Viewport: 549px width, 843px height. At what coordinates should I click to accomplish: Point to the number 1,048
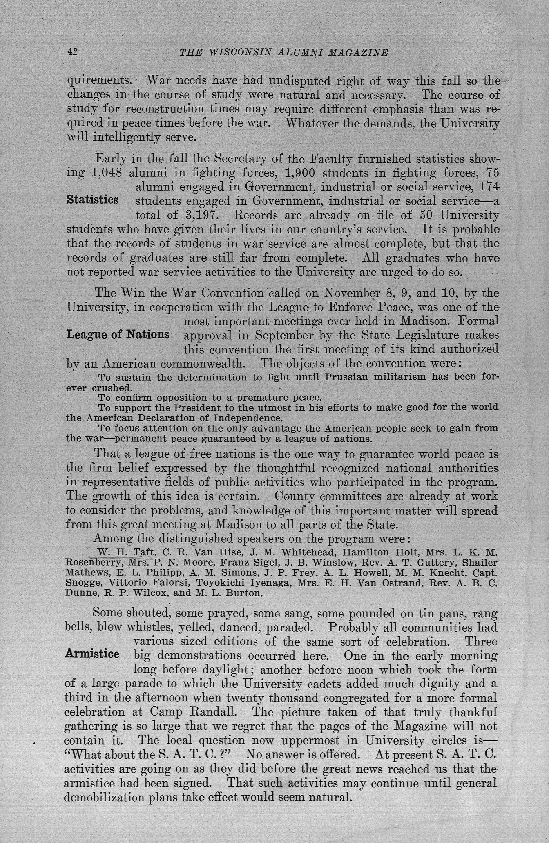click(107, 173)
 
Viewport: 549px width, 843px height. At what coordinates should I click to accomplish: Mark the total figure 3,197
click(201, 215)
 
